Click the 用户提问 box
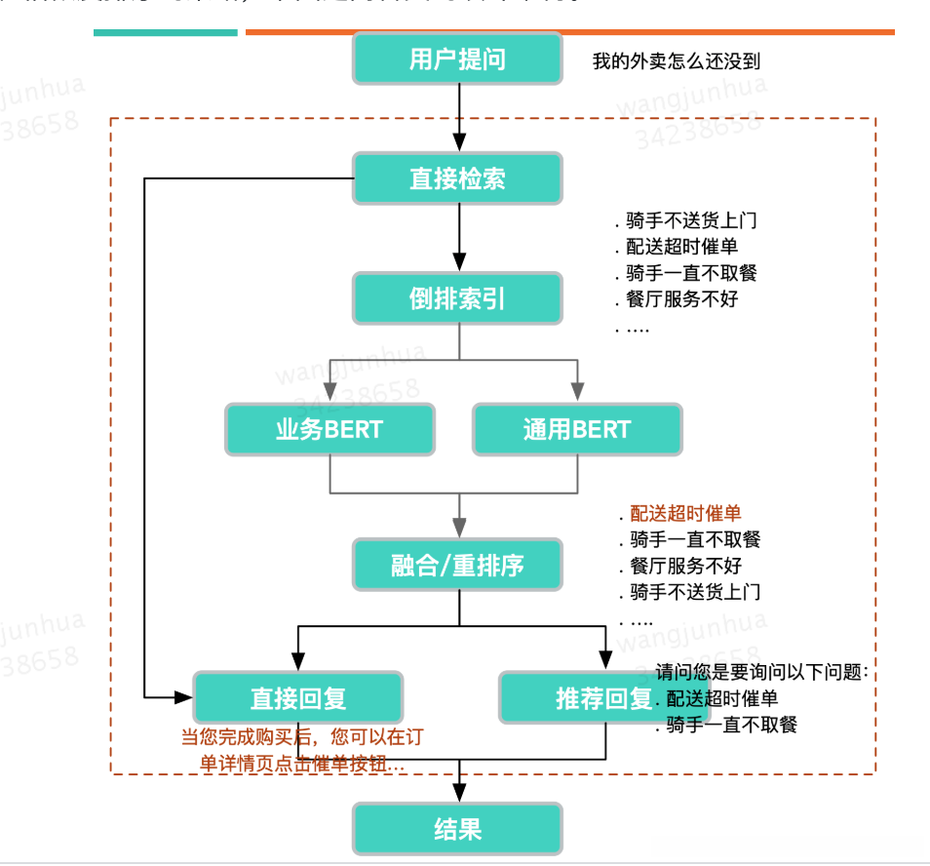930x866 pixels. (457, 59)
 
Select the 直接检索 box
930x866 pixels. (457, 178)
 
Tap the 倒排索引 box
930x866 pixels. (457, 298)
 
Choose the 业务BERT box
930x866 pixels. (329, 429)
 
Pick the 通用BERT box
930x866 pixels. (576, 429)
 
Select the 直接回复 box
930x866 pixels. (298, 697)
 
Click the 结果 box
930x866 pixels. (457, 829)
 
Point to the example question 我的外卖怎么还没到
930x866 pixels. (676, 61)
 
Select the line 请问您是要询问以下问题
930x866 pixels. (760, 672)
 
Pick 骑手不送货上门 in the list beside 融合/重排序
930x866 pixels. (694, 592)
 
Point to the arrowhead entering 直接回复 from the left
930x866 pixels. (184, 697)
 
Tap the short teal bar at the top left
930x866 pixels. (165, 33)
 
